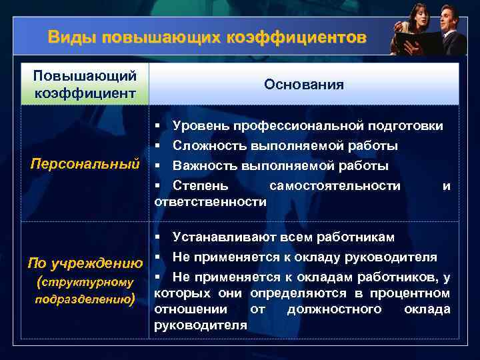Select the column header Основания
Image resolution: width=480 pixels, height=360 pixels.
(x=303, y=85)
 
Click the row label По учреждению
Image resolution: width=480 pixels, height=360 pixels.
(x=85, y=263)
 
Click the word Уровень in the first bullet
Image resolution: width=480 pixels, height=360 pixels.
(x=197, y=126)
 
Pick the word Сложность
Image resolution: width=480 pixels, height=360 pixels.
(x=205, y=145)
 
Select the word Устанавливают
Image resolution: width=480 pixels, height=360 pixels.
(x=221, y=237)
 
